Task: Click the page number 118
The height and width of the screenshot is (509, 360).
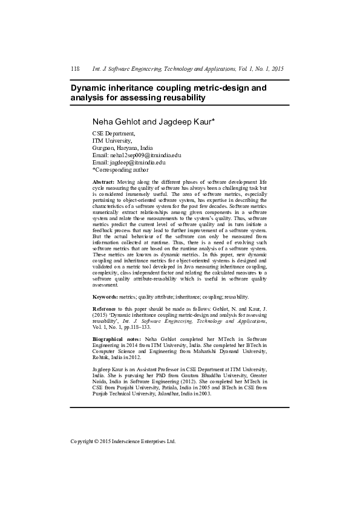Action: click(x=75, y=69)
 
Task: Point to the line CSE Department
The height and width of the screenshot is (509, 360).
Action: click(x=113, y=133)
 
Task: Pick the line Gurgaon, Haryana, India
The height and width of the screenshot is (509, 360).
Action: click(x=122, y=148)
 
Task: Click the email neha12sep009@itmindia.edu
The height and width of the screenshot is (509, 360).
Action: click(x=145, y=155)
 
